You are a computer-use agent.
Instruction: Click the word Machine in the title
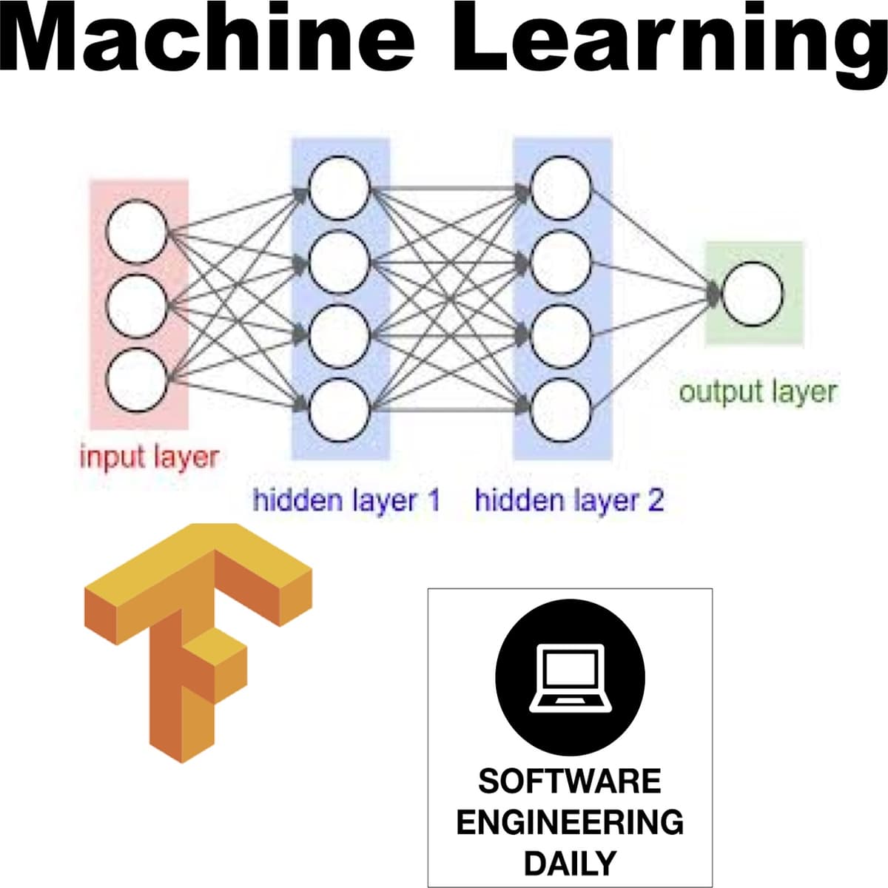[211, 37]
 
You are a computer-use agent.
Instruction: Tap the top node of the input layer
[136, 233]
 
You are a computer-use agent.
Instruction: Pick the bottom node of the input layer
[136, 379]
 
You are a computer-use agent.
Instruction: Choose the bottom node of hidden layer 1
[340, 409]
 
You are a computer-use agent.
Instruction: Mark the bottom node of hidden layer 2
[561, 409]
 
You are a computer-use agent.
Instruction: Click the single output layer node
[752, 293]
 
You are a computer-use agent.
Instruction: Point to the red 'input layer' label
[149, 457]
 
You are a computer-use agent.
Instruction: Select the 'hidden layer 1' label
[346, 501]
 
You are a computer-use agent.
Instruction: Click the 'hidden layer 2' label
[569, 501]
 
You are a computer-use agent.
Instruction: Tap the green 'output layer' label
[758, 391]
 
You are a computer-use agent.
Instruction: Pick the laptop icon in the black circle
[570, 677]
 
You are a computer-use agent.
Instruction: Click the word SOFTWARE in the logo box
[569, 781]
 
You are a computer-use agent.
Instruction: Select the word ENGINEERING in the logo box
[569, 822]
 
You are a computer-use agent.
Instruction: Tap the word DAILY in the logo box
[569, 863]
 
